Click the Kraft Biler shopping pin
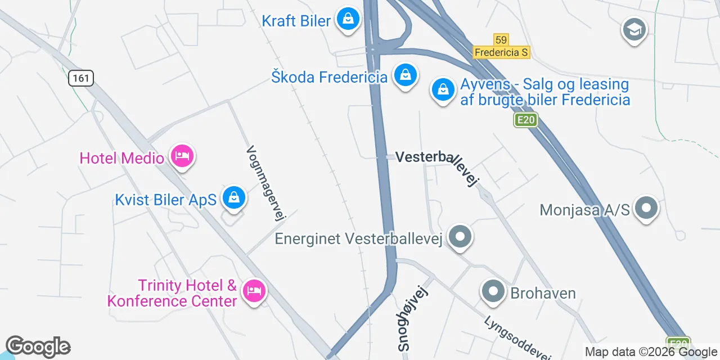[x=348, y=20]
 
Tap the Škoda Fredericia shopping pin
[x=404, y=75]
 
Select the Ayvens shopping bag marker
[x=443, y=90]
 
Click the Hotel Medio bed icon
[x=182, y=156]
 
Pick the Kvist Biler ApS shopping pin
[x=233, y=197]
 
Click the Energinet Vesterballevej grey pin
[x=461, y=237]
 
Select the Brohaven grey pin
[x=493, y=292]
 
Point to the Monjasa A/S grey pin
[x=646, y=208]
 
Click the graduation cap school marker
[x=634, y=29]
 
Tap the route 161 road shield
[x=81, y=78]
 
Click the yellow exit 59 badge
[x=501, y=39]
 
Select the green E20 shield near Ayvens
[x=526, y=119]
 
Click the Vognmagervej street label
[x=267, y=183]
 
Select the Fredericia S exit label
[x=501, y=52]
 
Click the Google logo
[x=38, y=347]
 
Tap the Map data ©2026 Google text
[x=651, y=352]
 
